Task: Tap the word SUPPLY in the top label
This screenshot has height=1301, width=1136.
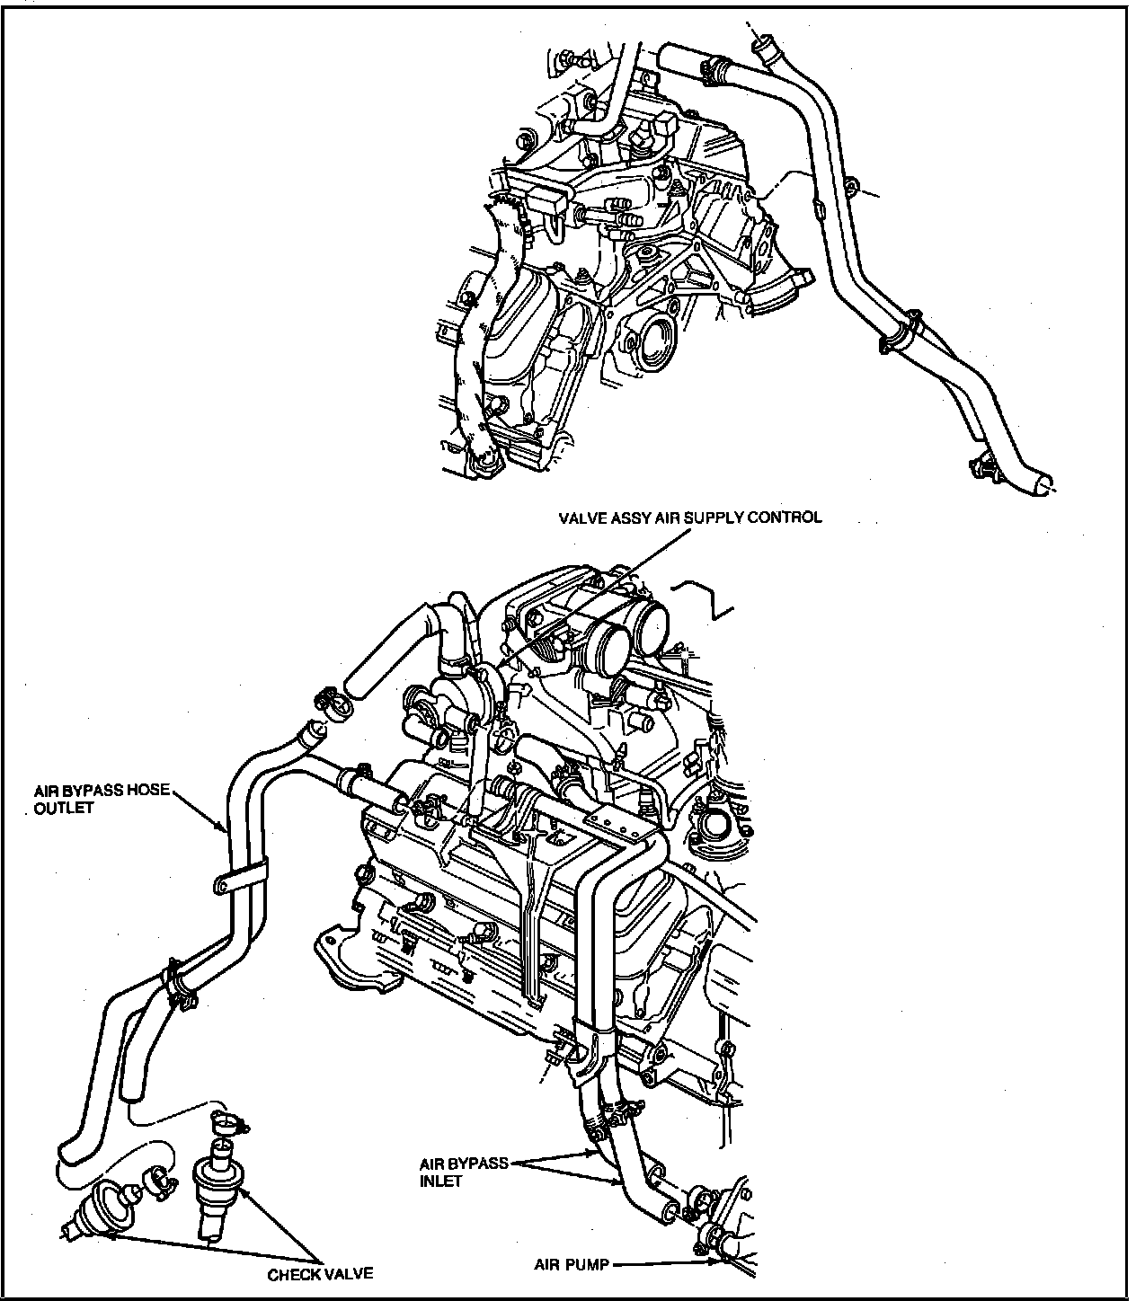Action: coord(717,518)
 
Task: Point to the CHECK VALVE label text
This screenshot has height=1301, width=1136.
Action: coord(320,1274)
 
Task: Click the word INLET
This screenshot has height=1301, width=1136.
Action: coord(440,1182)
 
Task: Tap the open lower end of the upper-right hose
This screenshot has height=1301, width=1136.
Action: coord(1043,483)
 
